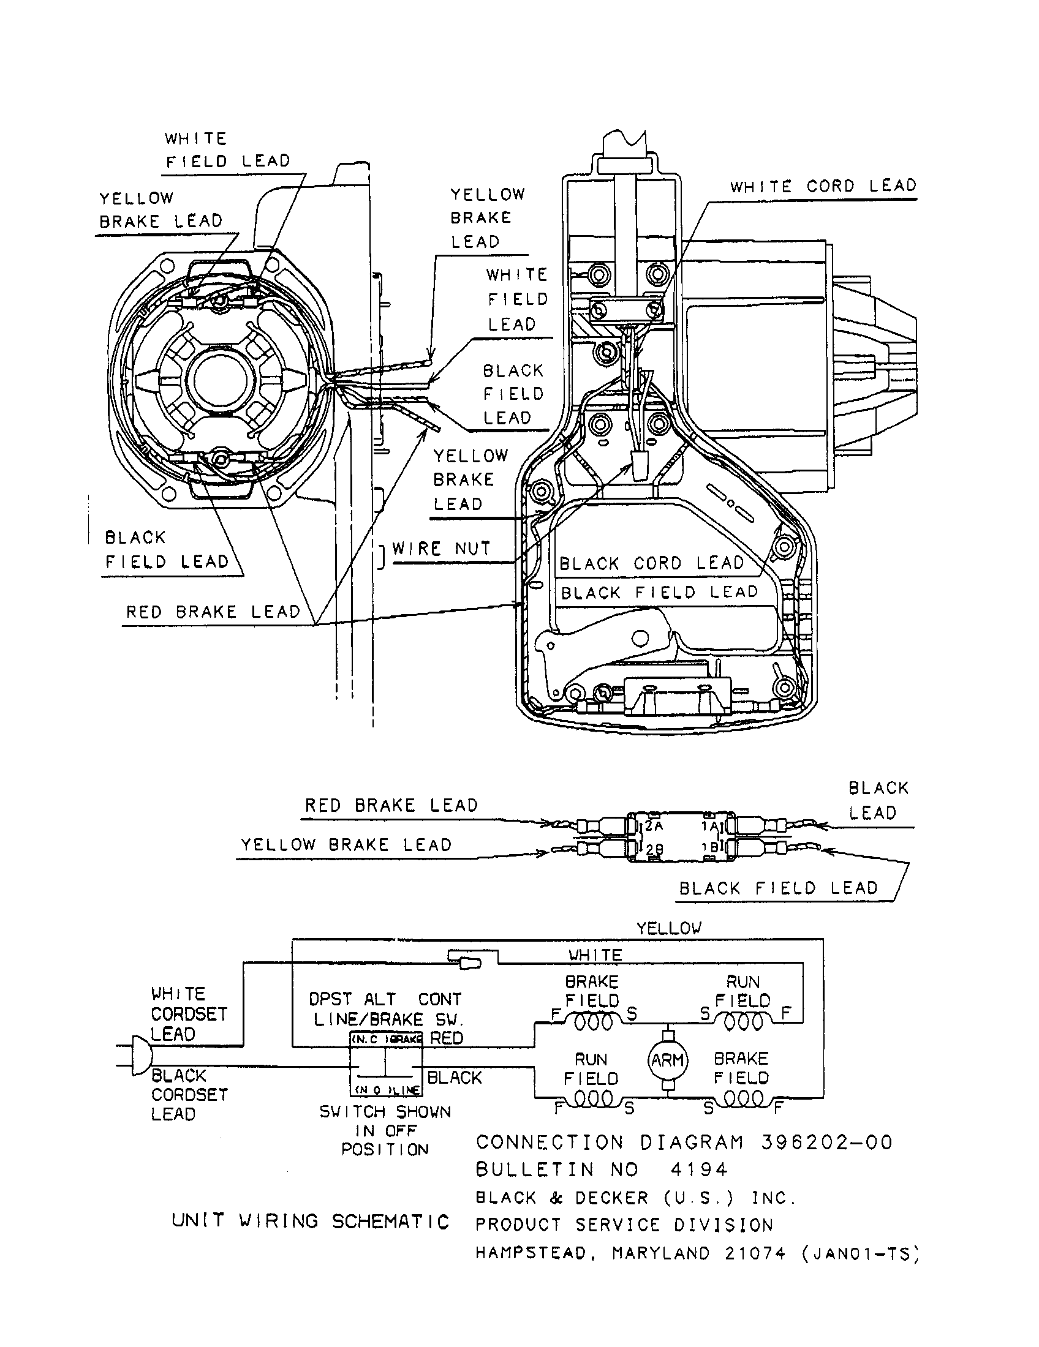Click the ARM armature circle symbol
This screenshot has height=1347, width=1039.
[668, 1060]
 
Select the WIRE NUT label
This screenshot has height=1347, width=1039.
[441, 549]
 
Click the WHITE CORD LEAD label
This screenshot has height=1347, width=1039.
[823, 186]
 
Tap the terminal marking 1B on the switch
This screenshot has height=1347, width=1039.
[710, 848]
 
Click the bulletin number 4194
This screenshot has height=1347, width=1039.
[699, 1169]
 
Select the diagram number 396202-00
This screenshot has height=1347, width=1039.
[827, 1143]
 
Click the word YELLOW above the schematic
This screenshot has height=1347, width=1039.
[669, 928]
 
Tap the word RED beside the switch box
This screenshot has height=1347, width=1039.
[446, 1038]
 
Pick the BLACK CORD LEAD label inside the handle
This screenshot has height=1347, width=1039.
[652, 564]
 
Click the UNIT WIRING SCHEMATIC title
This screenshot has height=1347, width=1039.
[311, 1221]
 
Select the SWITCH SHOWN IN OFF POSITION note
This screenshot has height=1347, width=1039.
[385, 1130]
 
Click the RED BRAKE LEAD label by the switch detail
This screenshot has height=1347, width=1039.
[391, 806]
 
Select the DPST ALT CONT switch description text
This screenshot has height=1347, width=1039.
[385, 1009]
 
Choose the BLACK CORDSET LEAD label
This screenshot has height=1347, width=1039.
[189, 1095]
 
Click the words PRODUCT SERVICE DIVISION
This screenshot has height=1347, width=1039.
[624, 1225]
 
